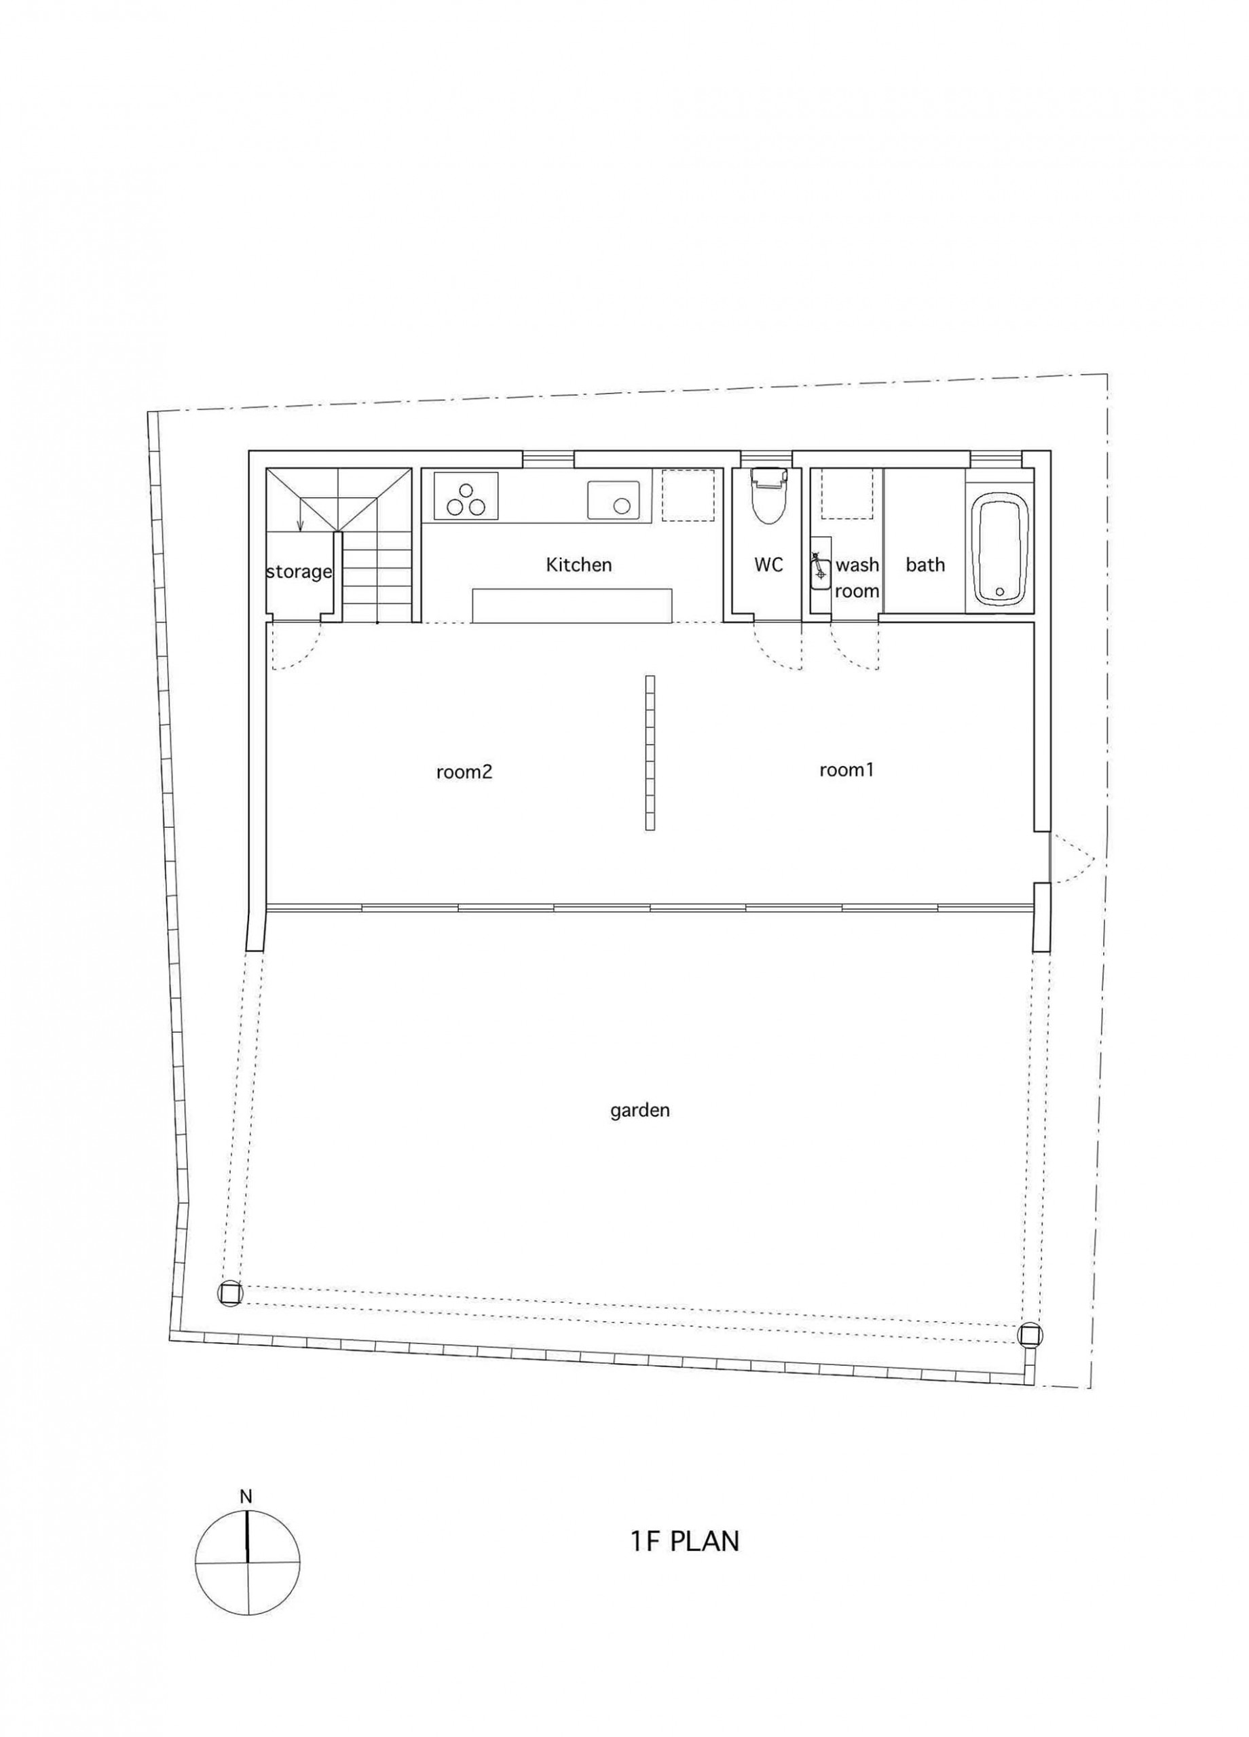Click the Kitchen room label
click(x=578, y=565)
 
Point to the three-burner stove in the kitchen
click(x=466, y=496)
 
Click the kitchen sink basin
click(x=614, y=500)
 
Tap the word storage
click(x=299, y=571)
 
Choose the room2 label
click(x=464, y=772)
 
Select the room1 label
click(x=846, y=769)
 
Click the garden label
click(x=640, y=1111)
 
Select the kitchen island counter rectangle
click(x=572, y=605)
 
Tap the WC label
click(x=768, y=565)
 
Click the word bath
click(x=925, y=565)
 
